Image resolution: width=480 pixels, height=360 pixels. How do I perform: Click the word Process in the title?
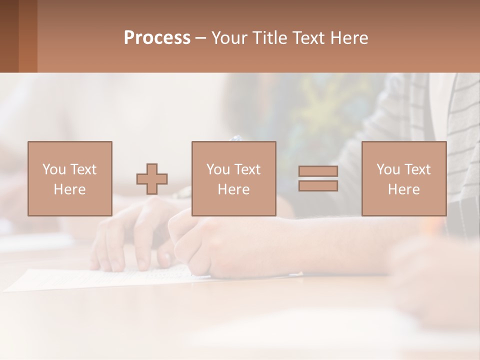click(157, 38)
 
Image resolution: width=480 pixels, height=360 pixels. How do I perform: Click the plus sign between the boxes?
click(152, 179)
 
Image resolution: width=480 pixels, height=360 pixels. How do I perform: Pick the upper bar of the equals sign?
click(318, 171)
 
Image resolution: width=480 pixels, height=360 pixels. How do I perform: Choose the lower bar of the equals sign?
click(318, 186)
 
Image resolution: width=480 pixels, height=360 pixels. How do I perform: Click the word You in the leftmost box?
click(53, 169)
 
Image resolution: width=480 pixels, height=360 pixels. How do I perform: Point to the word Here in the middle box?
click(233, 189)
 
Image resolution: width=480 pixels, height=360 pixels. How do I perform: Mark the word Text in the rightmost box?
click(416, 169)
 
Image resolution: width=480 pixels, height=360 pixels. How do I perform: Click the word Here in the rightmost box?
click(404, 189)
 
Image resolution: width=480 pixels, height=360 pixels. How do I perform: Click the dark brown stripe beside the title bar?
click(9, 36)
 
